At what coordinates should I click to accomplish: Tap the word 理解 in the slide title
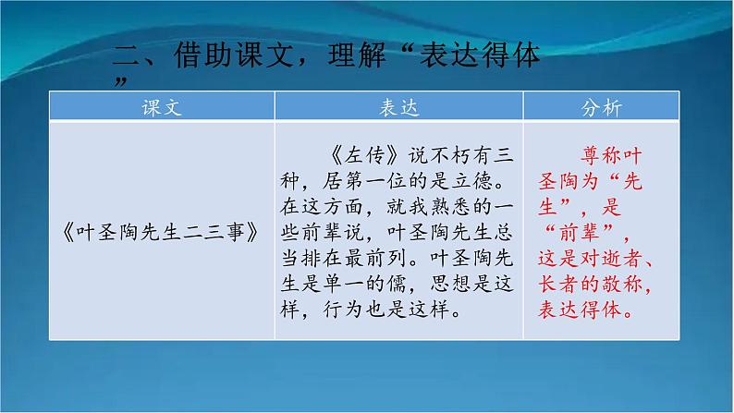pos(360,59)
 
